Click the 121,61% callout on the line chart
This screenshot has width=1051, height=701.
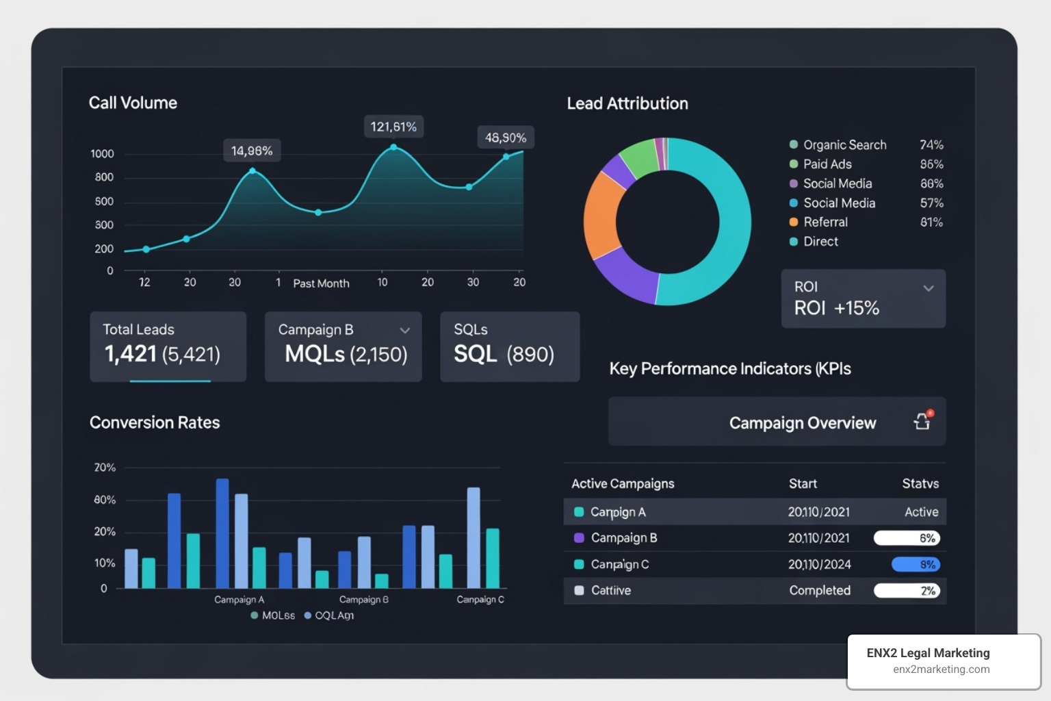tap(393, 127)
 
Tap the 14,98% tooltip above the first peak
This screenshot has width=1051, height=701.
tap(252, 151)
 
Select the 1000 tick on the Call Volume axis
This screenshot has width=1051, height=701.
tap(102, 153)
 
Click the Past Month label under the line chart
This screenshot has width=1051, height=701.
tap(321, 283)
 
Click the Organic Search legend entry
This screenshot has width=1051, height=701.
tap(844, 145)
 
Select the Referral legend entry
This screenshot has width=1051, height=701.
tap(825, 222)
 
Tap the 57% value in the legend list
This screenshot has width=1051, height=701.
tap(931, 203)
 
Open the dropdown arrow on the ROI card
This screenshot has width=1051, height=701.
tap(929, 288)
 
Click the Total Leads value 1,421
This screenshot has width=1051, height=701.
tap(131, 354)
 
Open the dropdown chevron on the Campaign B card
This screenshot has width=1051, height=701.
tap(405, 331)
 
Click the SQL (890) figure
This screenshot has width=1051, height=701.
tap(504, 354)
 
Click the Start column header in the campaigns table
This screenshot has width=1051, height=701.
tap(803, 483)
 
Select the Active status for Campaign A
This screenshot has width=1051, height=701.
tap(921, 512)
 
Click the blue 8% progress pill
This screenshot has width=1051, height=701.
tap(916, 565)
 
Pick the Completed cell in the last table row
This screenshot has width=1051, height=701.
tap(820, 590)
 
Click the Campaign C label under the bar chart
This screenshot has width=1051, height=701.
tap(480, 600)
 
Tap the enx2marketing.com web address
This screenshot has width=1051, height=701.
tap(941, 670)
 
